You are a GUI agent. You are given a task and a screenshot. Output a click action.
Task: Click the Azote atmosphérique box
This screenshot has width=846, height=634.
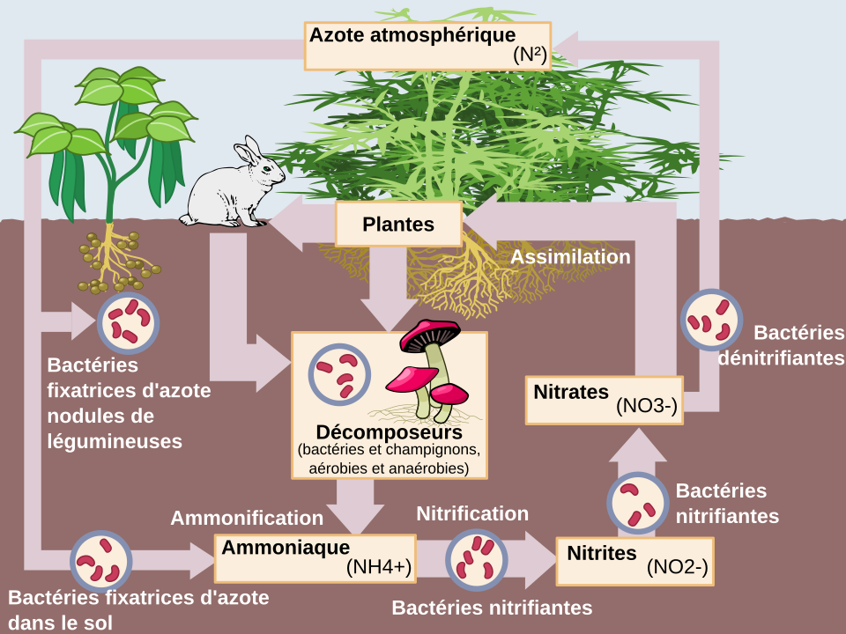point(427,46)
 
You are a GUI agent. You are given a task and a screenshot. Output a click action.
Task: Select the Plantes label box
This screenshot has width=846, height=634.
point(398,224)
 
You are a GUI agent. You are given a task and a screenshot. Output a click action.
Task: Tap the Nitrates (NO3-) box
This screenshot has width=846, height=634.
point(605,399)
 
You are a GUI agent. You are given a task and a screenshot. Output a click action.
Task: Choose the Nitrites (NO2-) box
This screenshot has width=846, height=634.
point(634,560)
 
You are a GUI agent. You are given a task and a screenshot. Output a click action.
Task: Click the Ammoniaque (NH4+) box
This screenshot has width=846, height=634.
point(315,557)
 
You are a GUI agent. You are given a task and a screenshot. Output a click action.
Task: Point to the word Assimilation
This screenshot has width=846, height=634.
point(570,257)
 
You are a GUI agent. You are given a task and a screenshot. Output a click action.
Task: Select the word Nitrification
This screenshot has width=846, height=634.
point(472,513)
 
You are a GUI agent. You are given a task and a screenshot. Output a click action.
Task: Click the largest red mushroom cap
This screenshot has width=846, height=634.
point(430,333)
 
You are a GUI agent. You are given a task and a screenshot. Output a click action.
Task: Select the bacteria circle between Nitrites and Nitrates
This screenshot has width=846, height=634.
point(638,503)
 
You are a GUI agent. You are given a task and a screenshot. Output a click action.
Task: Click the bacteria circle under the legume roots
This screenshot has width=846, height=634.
point(128,321)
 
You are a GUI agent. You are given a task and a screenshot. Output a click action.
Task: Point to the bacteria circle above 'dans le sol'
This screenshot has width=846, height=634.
point(100,559)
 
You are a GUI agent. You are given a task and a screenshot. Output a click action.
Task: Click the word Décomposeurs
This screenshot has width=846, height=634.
point(389,433)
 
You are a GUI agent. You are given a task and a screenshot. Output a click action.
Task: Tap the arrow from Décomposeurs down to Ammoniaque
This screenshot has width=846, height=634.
point(357,508)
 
